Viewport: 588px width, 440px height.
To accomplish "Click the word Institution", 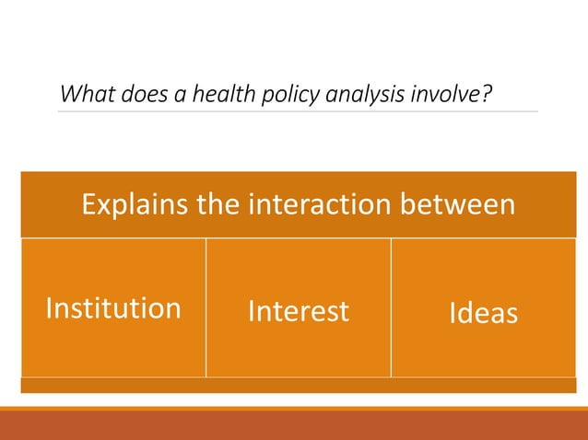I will (x=113, y=307).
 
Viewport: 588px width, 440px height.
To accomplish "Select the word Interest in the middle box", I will (x=299, y=311).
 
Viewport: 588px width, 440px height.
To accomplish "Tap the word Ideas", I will (x=483, y=313).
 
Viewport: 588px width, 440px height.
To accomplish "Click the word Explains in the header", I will (x=135, y=204).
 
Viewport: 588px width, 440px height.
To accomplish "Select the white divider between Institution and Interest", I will (x=206, y=307).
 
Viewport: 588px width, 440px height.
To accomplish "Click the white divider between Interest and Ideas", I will (x=392, y=307).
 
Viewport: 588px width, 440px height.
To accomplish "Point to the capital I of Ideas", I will (x=453, y=313).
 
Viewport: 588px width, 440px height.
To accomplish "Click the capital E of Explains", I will (x=88, y=204).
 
